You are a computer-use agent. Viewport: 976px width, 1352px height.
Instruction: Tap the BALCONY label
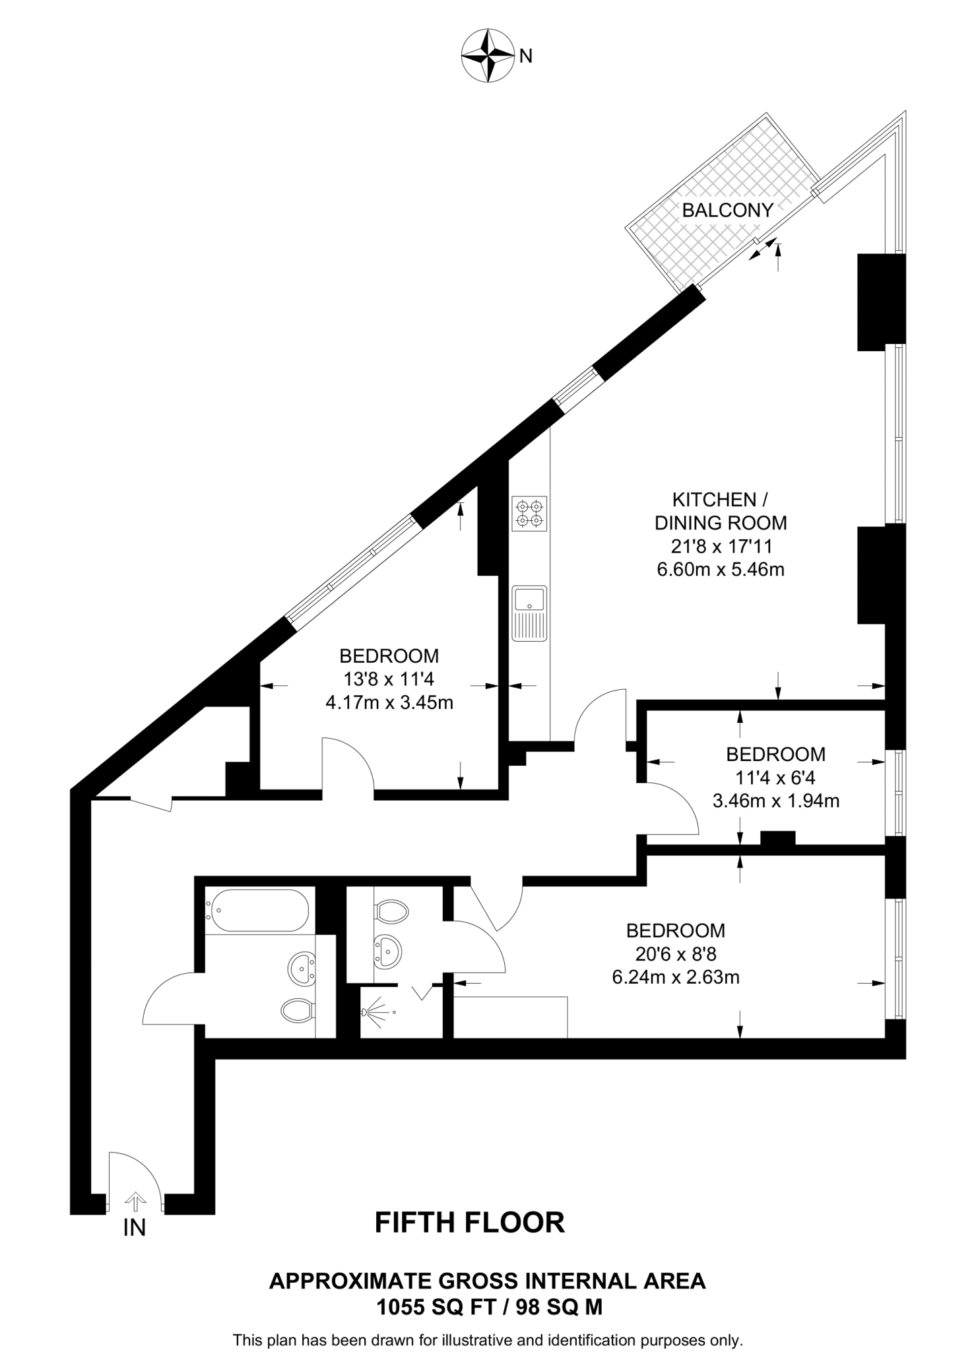727,210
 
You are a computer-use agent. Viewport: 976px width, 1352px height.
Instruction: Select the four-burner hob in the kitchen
530,514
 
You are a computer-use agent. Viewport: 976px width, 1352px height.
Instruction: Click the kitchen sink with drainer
530,612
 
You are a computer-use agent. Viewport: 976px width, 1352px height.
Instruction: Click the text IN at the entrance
134,1227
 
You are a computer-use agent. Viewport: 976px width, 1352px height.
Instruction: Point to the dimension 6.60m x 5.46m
721,569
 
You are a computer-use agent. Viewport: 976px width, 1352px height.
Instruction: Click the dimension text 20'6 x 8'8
676,953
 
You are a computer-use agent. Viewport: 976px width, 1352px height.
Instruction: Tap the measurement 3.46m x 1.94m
775,801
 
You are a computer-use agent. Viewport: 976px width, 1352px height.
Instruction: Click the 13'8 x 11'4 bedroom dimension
389,679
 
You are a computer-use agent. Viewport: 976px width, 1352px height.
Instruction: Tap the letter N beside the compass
526,57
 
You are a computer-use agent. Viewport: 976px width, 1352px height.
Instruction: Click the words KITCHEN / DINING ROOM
721,511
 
